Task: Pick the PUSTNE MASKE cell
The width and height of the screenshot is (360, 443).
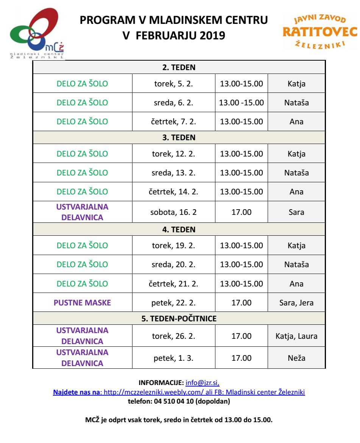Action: pos(82,303)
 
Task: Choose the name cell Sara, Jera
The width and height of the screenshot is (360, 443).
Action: pos(296,303)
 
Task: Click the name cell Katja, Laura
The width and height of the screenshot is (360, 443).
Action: pos(296,336)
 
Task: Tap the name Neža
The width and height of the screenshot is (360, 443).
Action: pos(296,358)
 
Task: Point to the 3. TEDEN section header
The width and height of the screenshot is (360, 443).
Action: pos(179,138)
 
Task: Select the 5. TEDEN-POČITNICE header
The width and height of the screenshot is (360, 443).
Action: pos(179,319)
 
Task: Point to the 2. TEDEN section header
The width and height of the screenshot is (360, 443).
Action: pos(179,68)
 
